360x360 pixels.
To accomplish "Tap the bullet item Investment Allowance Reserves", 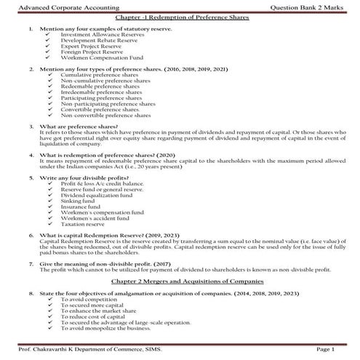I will pyautogui.click(x=92, y=34).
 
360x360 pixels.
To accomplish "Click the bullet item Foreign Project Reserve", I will pyautogui.click(x=87, y=51).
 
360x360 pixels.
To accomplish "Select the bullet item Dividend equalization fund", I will pyautogui.click(x=94, y=196).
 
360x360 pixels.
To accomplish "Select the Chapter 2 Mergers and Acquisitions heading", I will pyautogui.click(x=180, y=281).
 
